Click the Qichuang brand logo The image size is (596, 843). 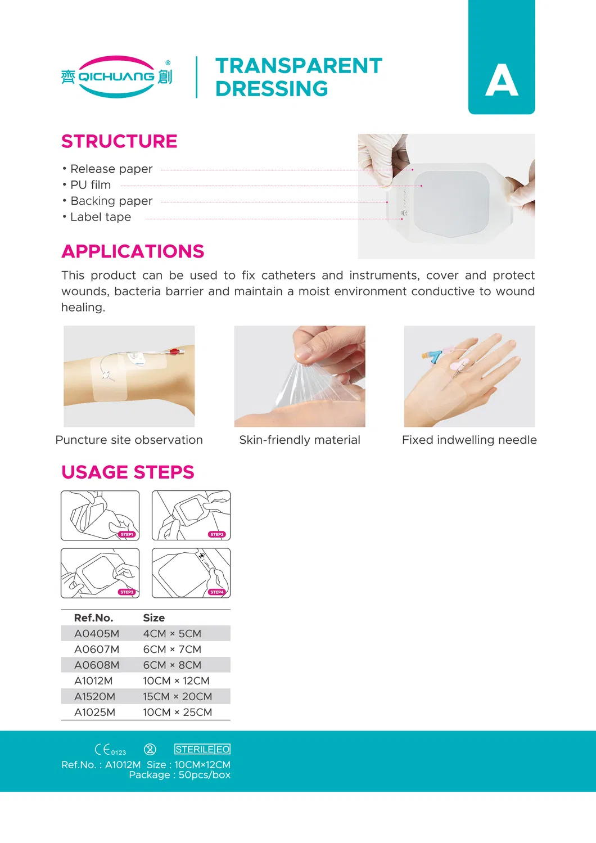(116, 77)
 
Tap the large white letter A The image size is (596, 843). (501, 80)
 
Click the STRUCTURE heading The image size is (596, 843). (119, 141)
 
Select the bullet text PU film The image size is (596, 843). (91, 185)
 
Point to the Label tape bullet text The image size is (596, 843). (100, 217)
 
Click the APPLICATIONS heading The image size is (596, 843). (133, 251)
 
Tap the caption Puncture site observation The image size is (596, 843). (129, 440)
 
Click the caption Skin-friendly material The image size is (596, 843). (300, 440)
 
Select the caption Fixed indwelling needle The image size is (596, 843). (469, 440)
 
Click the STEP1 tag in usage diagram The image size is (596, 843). (127, 534)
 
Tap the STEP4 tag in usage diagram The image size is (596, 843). (217, 592)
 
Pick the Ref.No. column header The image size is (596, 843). (93, 617)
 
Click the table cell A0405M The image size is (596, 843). (97, 633)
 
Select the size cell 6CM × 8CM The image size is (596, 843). (172, 665)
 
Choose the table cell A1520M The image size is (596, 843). (94, 696)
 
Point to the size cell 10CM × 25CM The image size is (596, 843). (177, 712)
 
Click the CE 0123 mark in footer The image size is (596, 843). (110, 750)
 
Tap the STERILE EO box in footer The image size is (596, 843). (202, 749)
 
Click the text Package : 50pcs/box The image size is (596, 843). (180, 775)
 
